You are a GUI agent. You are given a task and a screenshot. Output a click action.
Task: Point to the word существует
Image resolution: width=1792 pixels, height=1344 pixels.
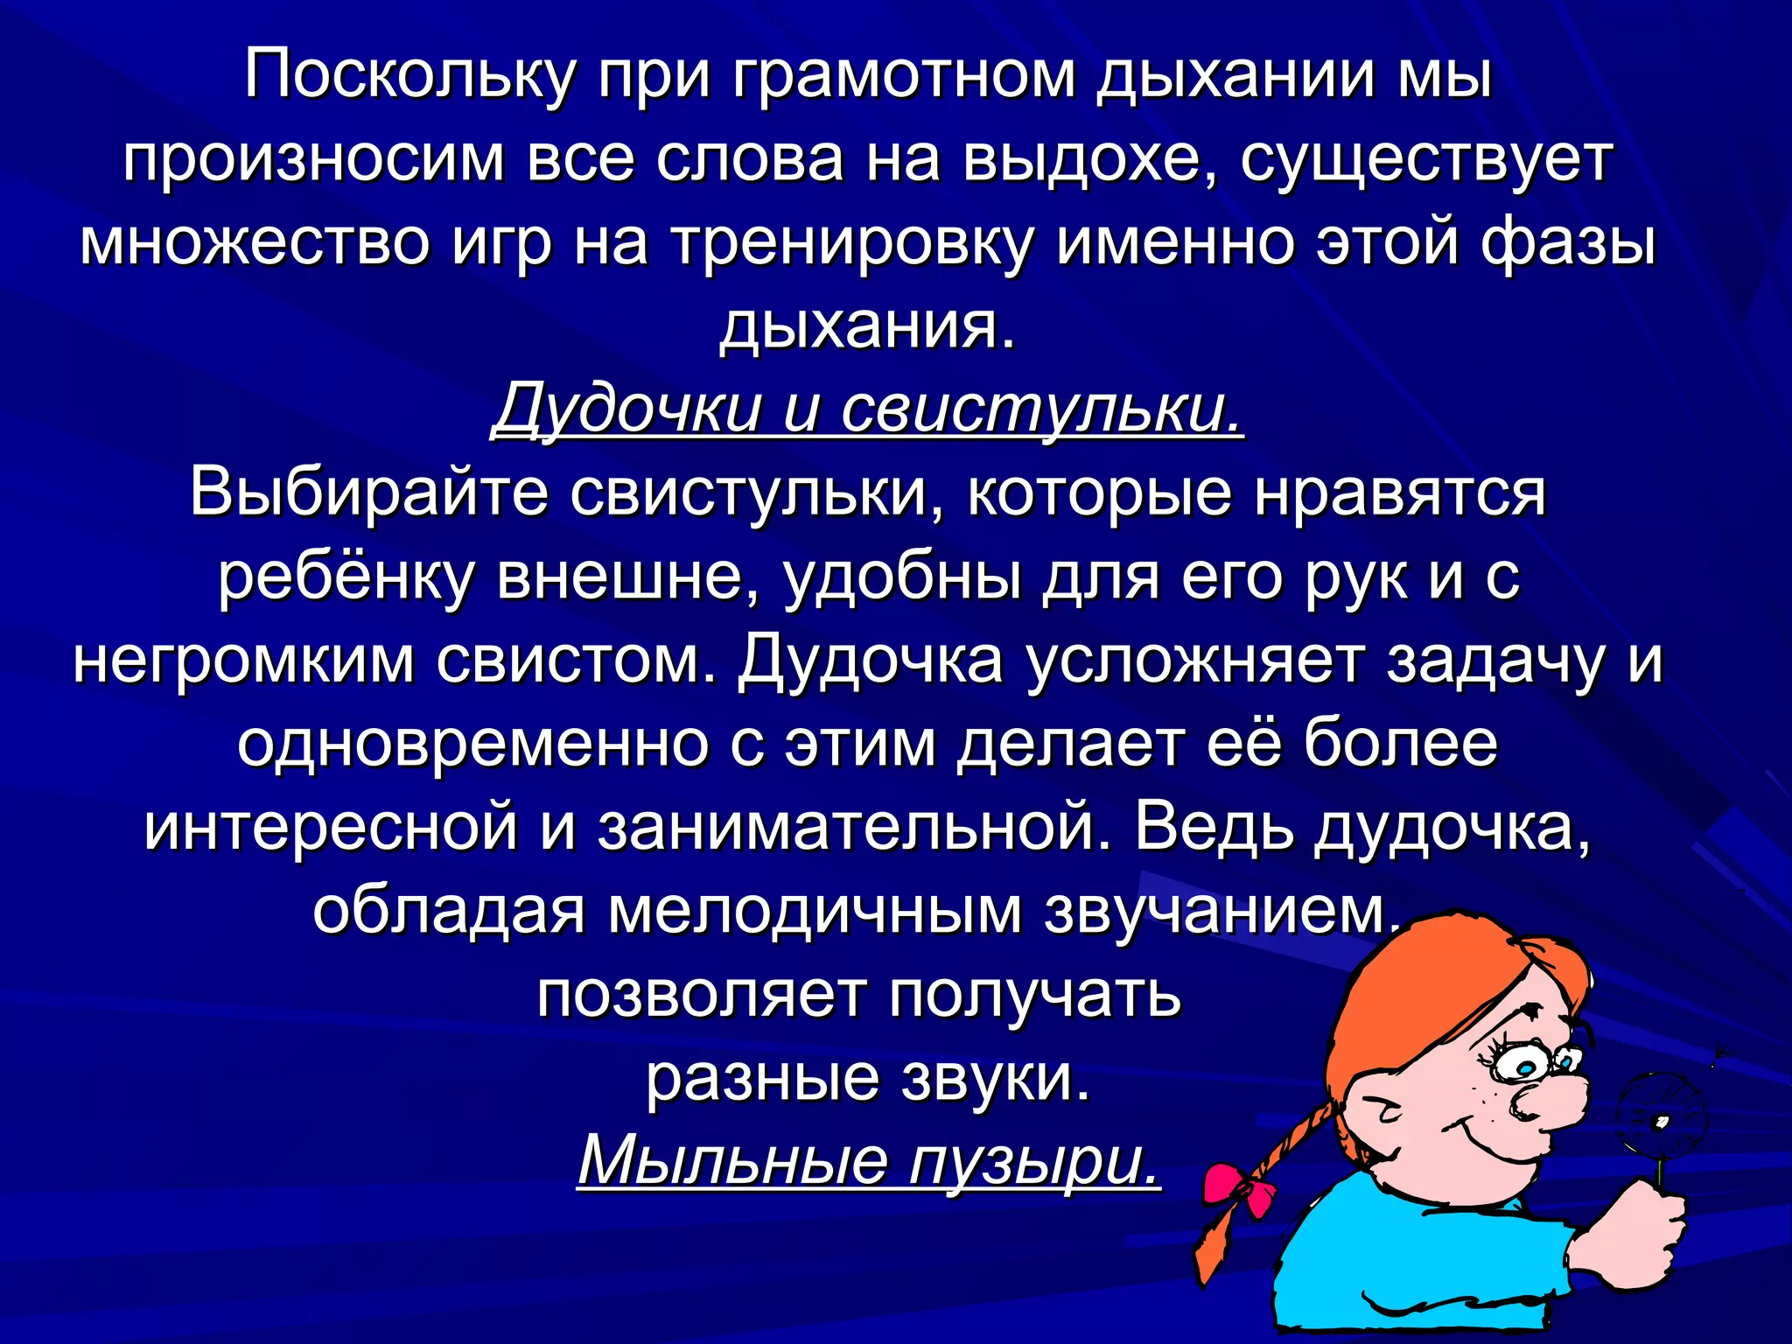pyautogui.click(x=1426, y=160)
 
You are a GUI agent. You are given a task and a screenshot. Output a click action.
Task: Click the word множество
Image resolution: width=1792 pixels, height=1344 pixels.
pyautogui.click(x=255, y=243)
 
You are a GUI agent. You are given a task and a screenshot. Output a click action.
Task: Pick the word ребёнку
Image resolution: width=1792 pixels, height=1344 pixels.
pyautogui.click(x=346, y=577)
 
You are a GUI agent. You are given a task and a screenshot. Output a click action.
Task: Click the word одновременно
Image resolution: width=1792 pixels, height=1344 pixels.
pyautogui.click(x=472, y=744)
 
